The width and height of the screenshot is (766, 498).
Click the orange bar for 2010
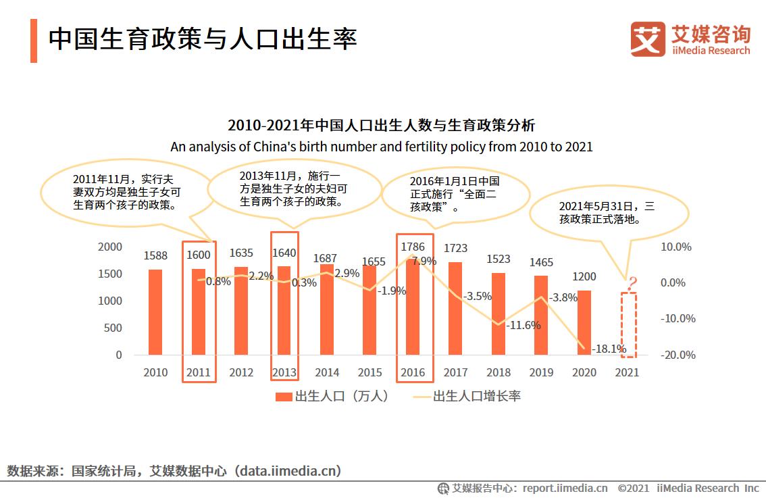coord(155,312)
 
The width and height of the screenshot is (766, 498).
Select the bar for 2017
coord(455,308)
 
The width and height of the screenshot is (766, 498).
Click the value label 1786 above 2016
coord(413,247)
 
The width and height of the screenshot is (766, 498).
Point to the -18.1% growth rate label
coord(608,349)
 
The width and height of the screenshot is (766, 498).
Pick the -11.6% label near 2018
coord(524,325)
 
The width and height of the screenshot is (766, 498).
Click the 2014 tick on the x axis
coord(327,372)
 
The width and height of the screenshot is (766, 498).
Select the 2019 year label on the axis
coord(541,372)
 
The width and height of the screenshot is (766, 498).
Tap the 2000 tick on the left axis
coord(110,247)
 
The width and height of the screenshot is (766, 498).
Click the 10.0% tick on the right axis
coord(675,247)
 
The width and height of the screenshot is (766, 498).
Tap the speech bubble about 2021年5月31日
coord(608,213)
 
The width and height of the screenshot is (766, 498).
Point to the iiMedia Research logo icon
coord(648,39)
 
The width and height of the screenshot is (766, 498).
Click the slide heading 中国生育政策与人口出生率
coord(203,39)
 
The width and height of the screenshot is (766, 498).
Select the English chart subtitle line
coord(382,147)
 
